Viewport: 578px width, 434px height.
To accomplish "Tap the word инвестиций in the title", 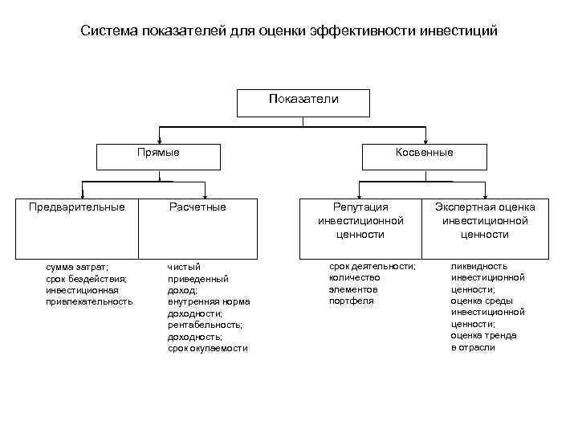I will (x=464, y=31).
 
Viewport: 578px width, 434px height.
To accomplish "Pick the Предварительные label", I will (x=77, y=207).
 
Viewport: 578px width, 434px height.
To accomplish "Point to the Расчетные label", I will (x=197, y=207).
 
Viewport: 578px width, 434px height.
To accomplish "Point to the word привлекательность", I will (x=90, y=301).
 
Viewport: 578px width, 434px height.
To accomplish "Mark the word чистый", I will (x=184, y=266).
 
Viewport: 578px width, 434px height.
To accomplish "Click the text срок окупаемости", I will (x=208, y=349).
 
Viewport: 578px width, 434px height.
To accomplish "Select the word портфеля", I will (x=352, y=301).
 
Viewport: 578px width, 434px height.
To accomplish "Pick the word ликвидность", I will (x=479, y=265).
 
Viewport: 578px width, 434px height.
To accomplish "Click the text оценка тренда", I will (x=483, y=335).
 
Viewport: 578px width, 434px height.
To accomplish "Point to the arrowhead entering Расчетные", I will (x=206, y=196).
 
